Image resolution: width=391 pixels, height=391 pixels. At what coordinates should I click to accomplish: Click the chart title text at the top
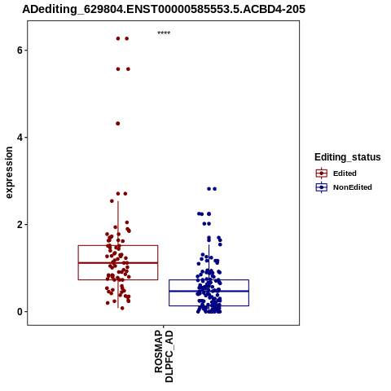coord(164,9)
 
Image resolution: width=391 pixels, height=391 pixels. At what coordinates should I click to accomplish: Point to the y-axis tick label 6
coord(20,51)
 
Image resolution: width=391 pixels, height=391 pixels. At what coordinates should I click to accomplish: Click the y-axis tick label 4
coord(20,138)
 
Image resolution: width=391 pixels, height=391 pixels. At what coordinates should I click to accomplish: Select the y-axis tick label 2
coord(20,225)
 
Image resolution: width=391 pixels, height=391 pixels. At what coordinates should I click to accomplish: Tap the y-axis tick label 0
coord(20,312)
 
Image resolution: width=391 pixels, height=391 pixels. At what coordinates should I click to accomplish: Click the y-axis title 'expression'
coord(9,173)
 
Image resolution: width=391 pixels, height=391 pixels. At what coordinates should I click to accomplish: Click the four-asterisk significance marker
coord(164,33)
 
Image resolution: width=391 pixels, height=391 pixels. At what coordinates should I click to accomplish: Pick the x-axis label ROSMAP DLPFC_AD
coord(164,356)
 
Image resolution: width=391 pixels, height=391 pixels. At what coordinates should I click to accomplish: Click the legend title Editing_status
coord(348,157)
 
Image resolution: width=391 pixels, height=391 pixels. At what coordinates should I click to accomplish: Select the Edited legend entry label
coord(345,174)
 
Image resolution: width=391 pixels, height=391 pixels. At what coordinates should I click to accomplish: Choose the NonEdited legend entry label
coord(353,187)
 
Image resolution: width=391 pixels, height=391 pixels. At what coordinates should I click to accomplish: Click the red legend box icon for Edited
coord(322,174)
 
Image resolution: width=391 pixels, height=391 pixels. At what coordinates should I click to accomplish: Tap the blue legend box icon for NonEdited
coord(322,187)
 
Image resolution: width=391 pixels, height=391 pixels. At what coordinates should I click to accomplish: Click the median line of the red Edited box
coord(118,263)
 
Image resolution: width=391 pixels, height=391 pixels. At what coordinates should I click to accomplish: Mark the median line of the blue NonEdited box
coord(209,291)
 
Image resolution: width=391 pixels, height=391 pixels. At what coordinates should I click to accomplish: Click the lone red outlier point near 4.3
coord(118,124)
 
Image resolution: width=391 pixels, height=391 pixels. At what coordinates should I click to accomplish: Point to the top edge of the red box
coord(118,245)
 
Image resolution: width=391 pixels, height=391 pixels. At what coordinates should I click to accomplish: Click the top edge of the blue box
coord(209,279)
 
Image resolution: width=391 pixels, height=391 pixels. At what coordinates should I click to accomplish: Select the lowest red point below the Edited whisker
coord(122,308)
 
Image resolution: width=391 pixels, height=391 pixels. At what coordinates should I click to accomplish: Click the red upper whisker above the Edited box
coord(118,223)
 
